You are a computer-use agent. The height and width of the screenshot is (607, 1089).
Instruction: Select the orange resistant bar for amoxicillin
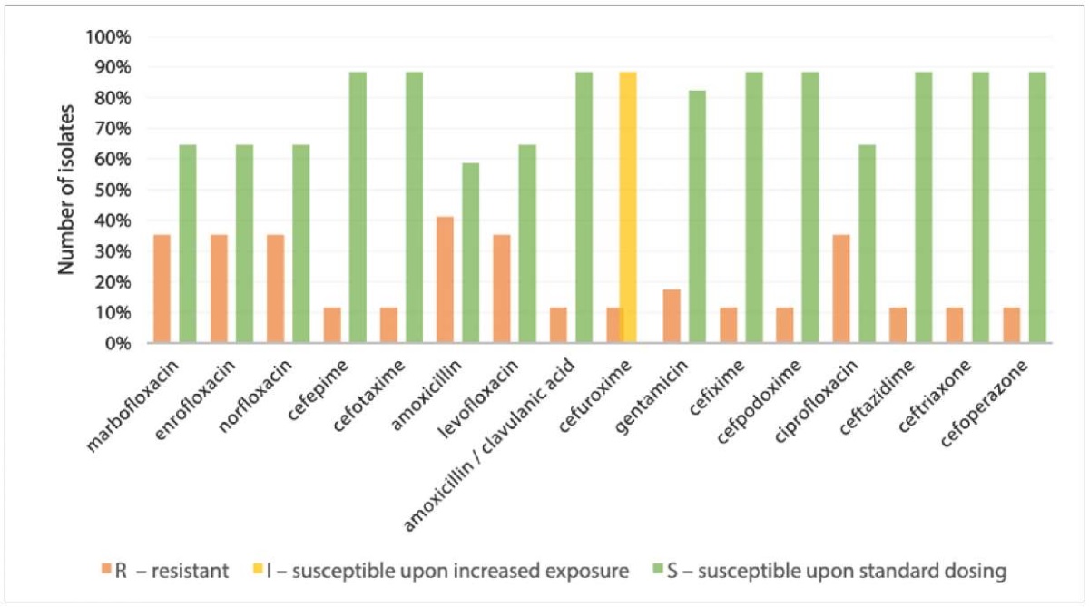pyautogui.click(x=445, y=280)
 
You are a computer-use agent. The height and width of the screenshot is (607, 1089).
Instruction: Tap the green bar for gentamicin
pyautogui.click(x=696, y=217)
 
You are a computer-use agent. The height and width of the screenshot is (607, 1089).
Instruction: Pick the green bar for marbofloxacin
pyautogui.click(x=187, y=244)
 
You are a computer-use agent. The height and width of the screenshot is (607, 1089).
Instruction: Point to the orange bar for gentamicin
pyautogui.click(x=671, y=316)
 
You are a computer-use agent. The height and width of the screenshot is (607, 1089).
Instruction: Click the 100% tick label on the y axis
pyautogui.click(x=109, y=37)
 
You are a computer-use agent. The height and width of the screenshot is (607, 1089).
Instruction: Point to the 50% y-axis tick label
pyautogui.click(x=113, y=191)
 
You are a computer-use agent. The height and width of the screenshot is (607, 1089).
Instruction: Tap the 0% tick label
pyautogui.click(x=117, y=344)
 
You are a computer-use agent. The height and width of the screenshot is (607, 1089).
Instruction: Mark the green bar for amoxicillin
pyautogui.click(x=470, y=253)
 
